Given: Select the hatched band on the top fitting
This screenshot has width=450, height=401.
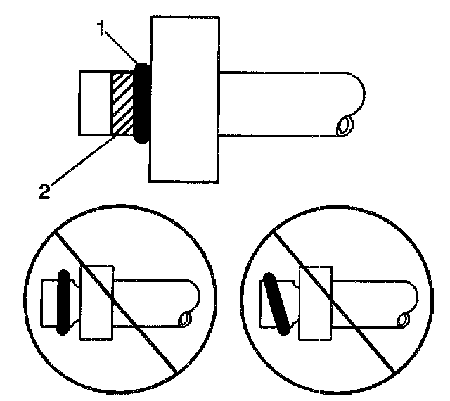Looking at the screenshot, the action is coord(122,103).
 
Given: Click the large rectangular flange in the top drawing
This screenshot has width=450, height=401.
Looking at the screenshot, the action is coord(185,98).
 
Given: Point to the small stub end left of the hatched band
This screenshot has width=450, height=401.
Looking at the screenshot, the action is coord(96,103).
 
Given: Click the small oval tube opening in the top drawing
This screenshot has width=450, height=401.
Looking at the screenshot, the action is coord(345,126).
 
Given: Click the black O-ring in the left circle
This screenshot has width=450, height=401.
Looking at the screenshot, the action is coord(63,300).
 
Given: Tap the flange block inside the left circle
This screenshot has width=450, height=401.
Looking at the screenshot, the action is coord(97,300).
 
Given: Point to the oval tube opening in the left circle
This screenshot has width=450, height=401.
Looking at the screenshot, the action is coord(184,319).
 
